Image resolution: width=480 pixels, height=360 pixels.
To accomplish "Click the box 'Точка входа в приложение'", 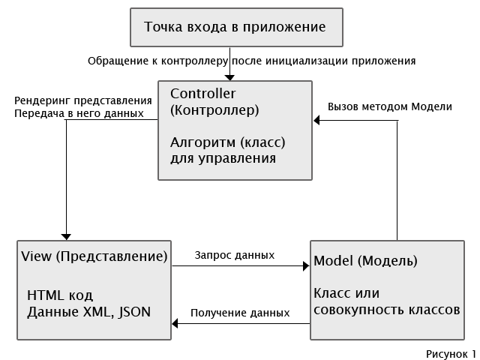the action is click(236, 27).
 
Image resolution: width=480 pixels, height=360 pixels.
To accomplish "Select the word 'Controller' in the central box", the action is click(203, 94).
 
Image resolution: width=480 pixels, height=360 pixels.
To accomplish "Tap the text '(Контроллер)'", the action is click(214, 110).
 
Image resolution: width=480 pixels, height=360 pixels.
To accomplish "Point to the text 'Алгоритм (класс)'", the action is click(228, 142).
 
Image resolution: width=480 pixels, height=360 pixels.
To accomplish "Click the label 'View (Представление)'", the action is click(94, 256).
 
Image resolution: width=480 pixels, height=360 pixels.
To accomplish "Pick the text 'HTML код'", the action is click(60, 295).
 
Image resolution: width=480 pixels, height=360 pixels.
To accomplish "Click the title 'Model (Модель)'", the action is click(365, 261).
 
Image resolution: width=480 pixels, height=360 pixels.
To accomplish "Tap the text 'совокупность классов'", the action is click(387, 310).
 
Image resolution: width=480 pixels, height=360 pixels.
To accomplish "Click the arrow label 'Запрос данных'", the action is click(235, 255).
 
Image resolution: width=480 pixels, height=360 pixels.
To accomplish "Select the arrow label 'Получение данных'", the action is click(240, 313).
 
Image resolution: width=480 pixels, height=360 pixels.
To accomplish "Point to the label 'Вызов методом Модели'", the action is click(390, 106).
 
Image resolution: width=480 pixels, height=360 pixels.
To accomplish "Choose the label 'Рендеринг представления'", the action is click(83, 100).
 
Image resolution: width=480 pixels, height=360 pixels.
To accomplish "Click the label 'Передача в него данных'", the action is click(79, 113).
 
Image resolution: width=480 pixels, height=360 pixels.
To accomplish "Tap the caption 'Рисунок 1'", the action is click(451, 354).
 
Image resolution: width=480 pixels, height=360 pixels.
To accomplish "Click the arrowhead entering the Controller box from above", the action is click(229, 77).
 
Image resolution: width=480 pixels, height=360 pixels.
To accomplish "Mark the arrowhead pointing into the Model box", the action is click(306, 266).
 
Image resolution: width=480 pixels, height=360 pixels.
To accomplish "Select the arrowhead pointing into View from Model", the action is click(175, 323).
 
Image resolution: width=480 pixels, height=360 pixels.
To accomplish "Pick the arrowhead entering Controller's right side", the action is click(316, 120).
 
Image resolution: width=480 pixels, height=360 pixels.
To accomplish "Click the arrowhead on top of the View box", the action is click(66, 237).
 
